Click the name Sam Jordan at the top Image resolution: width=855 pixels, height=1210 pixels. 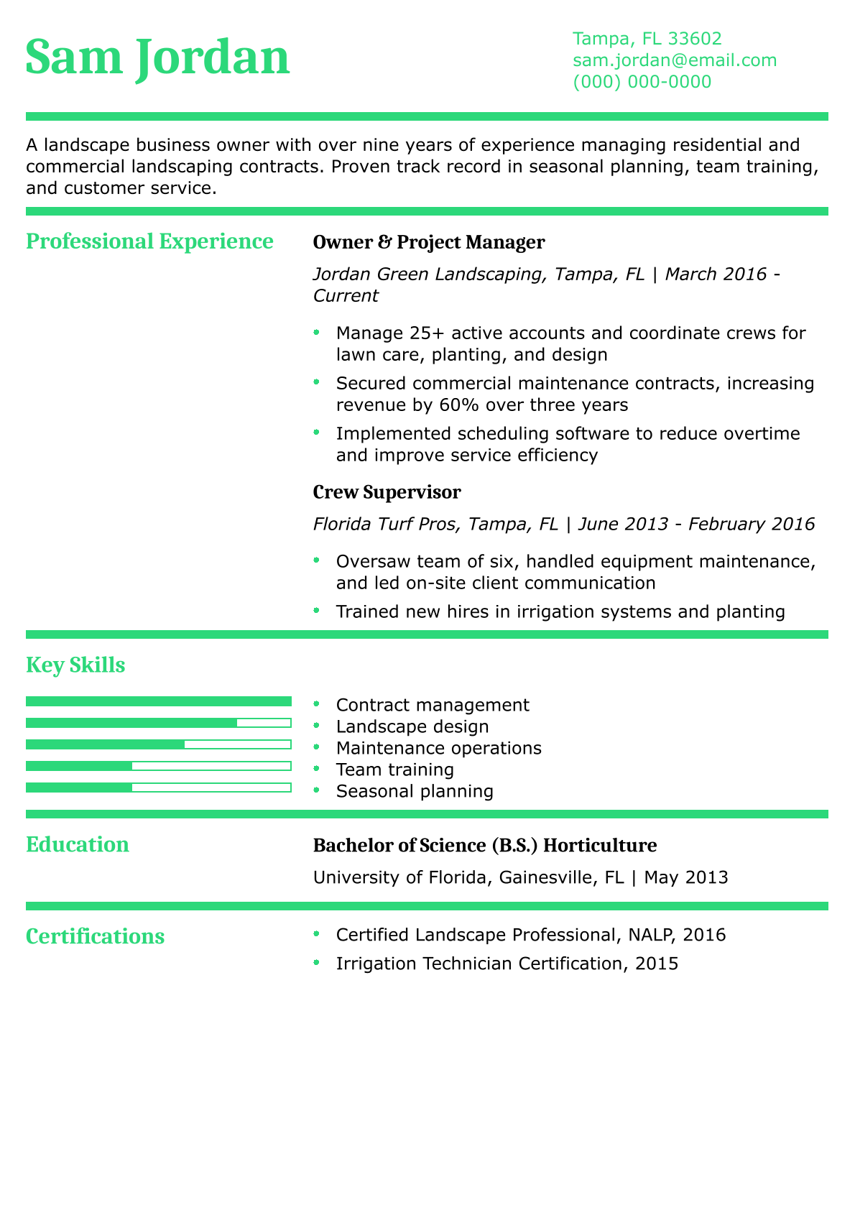tap(157, 58)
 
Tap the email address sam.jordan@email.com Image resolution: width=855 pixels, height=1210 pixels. tap(675, 60)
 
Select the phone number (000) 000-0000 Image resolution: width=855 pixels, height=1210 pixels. tap(642, 82)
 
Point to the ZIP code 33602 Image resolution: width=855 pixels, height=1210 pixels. tap(695, 38)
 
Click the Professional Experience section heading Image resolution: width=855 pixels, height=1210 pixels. tap(149, 241)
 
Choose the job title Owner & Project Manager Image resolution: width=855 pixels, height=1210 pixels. tap(429, 242)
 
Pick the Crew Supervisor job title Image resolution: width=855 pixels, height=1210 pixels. tap(387, 492)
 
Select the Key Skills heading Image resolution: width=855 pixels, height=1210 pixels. tap(75, 665)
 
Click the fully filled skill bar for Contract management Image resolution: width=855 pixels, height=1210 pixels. tap(158, 701)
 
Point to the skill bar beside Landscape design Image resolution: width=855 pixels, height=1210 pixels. tap(158, 723)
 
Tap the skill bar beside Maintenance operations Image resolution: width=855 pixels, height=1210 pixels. tap(158, 744)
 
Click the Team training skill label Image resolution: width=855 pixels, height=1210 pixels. tap(394, 770)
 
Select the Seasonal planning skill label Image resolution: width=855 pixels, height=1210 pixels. tap(415, 792)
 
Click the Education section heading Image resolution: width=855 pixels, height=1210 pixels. tap(78, 844)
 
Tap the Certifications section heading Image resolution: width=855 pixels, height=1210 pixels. tap(95, 936)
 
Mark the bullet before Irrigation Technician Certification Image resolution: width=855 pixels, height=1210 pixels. tap(316, 964)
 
